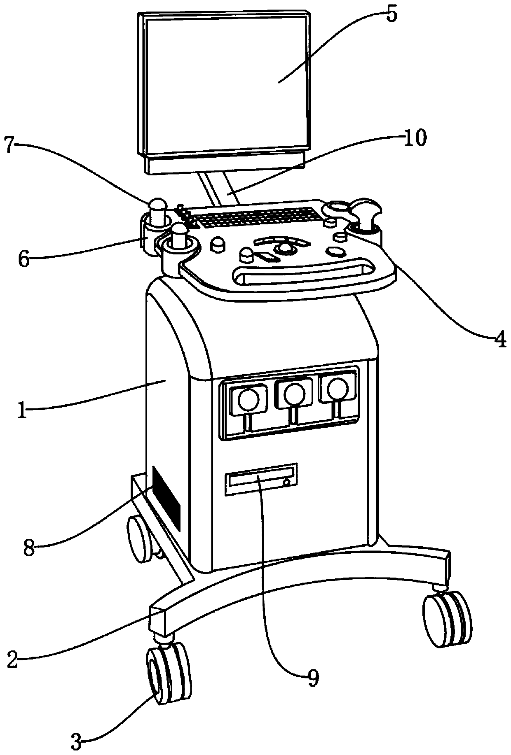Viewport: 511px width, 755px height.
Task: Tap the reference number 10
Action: tap(415, 139)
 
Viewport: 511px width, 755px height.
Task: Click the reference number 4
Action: tap(500, 340)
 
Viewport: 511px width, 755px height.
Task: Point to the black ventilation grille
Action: tap(166, 498)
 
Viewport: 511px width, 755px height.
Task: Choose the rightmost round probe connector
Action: tap(337, 387)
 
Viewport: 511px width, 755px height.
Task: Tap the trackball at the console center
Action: tap(284, 248)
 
